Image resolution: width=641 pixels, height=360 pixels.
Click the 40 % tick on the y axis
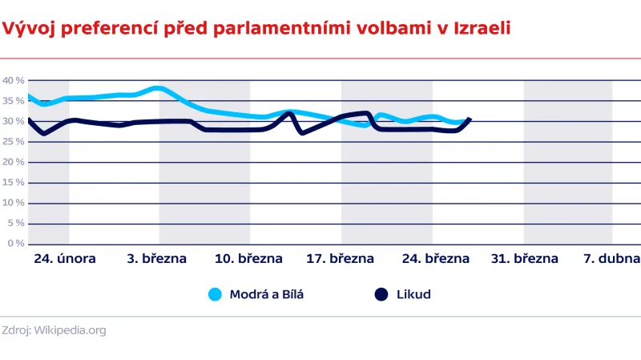click(13, 80)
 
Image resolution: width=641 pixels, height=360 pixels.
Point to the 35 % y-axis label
click(13, 101)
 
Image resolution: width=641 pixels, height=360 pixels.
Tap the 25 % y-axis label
click(13, 141)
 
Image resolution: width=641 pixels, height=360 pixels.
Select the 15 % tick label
click(13, 182)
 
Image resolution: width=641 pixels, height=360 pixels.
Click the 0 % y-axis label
click(15, 243)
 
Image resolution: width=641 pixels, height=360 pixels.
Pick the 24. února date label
click(66, 259)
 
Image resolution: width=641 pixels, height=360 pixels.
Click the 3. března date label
click(157, 259)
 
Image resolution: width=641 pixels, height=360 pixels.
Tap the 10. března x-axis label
click(248, 259)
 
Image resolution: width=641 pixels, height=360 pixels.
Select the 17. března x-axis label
click(340, 259)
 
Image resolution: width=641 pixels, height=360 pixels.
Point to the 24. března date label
click(435, 259)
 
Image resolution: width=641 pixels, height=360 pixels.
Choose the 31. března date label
click(524, 259)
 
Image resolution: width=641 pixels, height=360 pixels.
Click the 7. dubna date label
click(611, 259)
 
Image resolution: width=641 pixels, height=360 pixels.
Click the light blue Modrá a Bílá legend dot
click(215, 294)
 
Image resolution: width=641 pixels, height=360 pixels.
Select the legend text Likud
click(413, 294)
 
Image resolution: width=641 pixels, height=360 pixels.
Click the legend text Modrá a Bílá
click(267, 294)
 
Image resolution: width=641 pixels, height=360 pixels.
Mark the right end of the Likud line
click(470, 119)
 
